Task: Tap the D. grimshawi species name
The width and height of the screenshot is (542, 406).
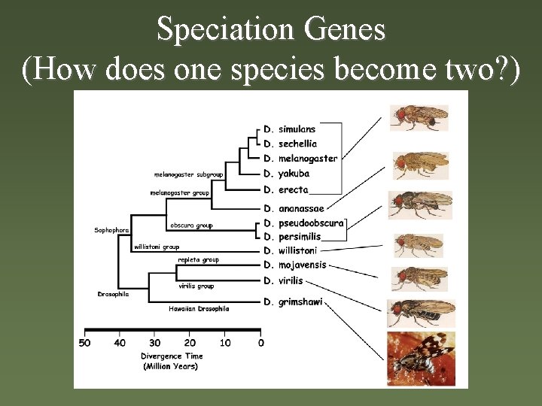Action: pos(293,302)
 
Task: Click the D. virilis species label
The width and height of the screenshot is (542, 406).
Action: pos(283,280)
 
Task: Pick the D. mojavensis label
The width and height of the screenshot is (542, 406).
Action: pos(295,265)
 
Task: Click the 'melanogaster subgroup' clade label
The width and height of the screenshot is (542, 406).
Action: pos(188,174)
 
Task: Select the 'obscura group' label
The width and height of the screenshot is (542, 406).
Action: pos(191,225)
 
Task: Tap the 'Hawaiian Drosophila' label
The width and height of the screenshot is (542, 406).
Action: pos(198,308)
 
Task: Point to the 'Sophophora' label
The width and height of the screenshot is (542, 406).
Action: pos(111,230)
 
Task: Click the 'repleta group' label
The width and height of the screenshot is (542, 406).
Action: pos(198,260)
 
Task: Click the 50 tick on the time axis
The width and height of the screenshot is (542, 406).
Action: pos(85,343)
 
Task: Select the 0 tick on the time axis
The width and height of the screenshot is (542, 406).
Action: pos(260,343)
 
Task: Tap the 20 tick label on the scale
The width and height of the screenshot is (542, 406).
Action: pos(190,343)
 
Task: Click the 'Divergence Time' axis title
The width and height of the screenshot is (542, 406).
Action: pos(172,356)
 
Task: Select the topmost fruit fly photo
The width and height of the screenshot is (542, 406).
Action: pos(419,118)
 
